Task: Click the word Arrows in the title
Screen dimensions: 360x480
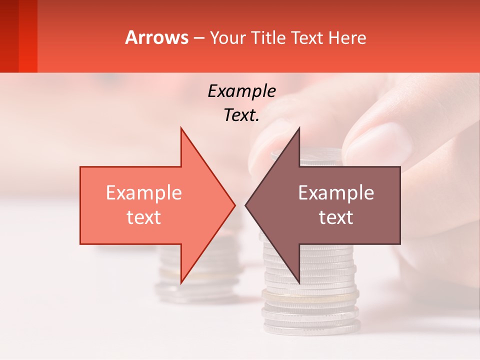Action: [156, 37]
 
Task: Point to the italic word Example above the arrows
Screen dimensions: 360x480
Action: [241, 91]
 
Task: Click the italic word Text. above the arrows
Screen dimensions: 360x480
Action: [241, 115]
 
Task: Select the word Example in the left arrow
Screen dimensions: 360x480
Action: [144, 193]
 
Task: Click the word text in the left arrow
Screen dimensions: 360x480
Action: [144, 217]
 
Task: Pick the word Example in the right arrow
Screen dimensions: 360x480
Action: [336, 193]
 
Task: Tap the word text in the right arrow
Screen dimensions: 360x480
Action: [336, 217]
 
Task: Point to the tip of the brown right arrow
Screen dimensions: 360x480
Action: [246, 205]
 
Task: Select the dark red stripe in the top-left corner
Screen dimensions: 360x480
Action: [9, 35]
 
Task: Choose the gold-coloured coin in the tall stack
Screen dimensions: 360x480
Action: [310, 295]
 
